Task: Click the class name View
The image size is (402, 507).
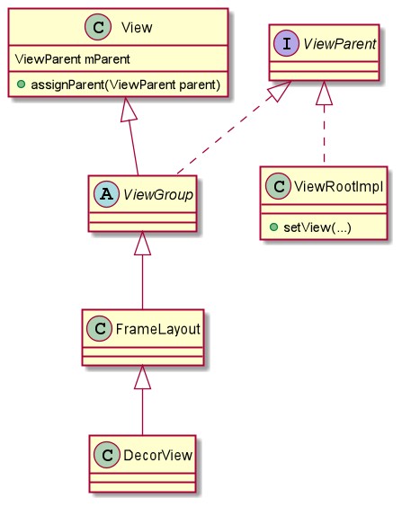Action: pyautogui.click(x=137, y=28)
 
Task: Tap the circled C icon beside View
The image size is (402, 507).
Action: pyautogui.click(x=98, y=27)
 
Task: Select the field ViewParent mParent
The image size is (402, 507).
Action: pyautogui.click(x=73, y=59)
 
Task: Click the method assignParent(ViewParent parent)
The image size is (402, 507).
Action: pyautogui.click(x=126, y=84)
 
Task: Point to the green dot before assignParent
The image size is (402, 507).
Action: pyautogui.click(x=22, y=84)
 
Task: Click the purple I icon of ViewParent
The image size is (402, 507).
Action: pyautogui.click(x=287, y=43)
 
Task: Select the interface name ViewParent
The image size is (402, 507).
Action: pyautogui.click(x=340, y=44)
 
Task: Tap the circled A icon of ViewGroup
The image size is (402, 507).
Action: pyautogui.click(x=107, y=194)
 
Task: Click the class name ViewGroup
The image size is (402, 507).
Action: pyautogui.click(x=157, y=195)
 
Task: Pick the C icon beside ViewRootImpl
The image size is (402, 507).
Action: pyautogui.click(x=279, y=186)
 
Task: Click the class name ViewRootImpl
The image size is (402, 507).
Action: pyautogui.click(x=339, y=187)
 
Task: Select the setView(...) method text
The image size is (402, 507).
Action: pyautogui.click(x=317, y=227)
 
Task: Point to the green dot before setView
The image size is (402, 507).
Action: pyautogui.click(x=273, y=227)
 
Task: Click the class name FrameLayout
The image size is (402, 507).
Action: pyautogui.click(x=157, y=329)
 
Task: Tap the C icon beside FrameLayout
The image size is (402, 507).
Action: pyautogui.click(x=100, y=328)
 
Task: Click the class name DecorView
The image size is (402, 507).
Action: pyautogui.click(x=157, y=455)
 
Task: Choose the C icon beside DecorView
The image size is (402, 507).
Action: pyautogui.click(x=107, y=455)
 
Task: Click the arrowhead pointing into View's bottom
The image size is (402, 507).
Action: pyautogui.click(x=128, y=110)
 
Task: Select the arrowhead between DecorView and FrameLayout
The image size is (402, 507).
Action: pyautogui.click(x=143, y=378)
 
